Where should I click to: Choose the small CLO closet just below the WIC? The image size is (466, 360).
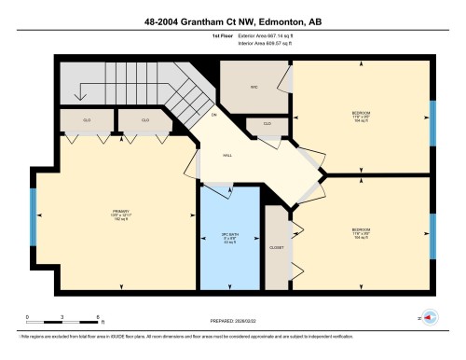267,124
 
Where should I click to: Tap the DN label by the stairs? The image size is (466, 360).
213,115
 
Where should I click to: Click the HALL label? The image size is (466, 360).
226,157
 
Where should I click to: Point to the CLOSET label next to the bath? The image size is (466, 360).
277,248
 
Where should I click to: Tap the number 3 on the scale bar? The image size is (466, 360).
61,318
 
